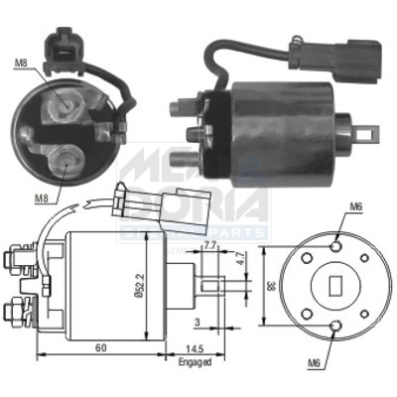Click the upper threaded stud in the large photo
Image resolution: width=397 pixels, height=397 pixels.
click(181, 104)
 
